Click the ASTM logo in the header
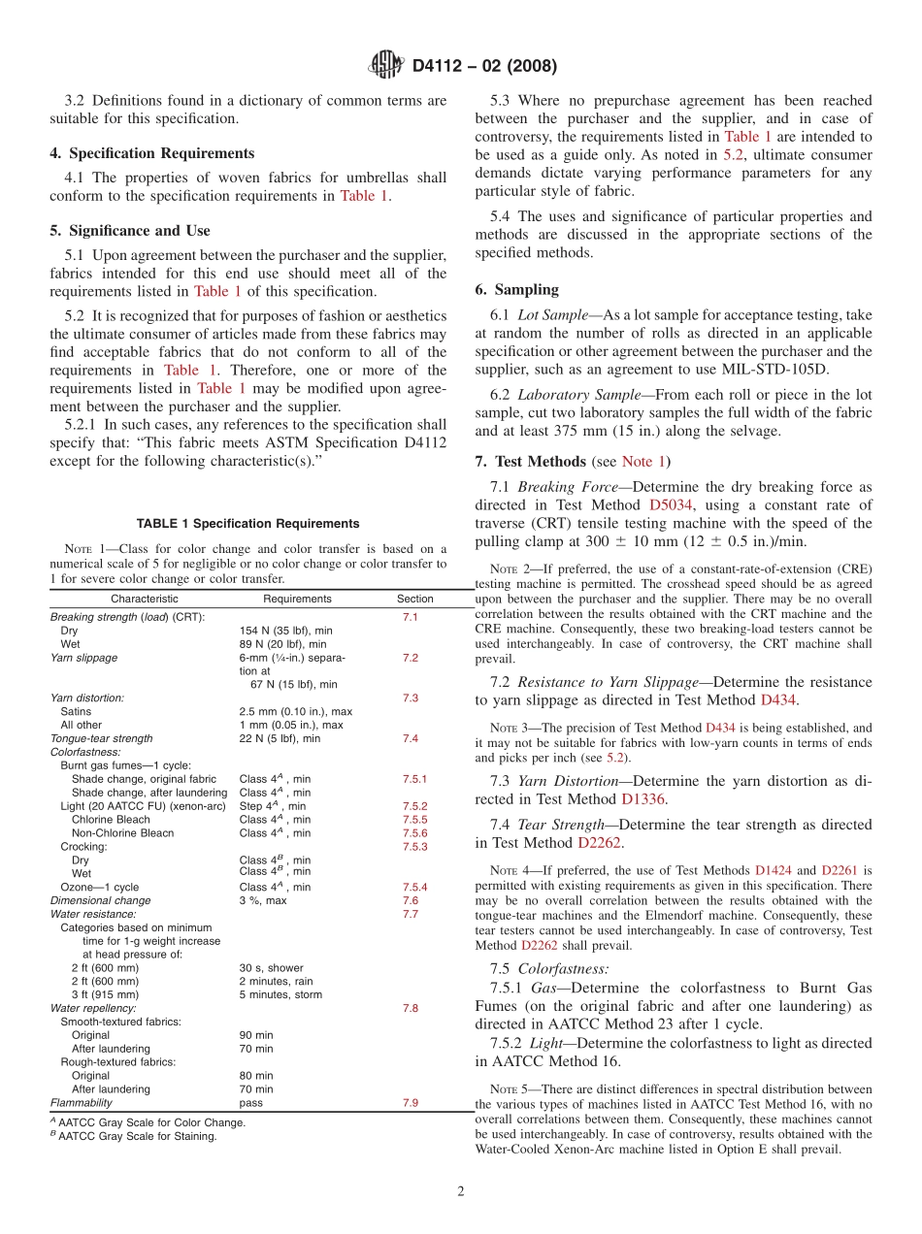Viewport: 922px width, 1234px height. [x=386, y=66]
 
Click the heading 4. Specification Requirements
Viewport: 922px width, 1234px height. [x=152, y=153]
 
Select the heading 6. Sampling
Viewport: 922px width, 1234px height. [x=517, y=289]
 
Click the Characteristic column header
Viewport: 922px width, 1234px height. [x=144, y=599]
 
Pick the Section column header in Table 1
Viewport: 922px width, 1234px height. [x=415, y=599]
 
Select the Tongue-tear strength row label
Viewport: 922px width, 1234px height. [x=101, y=738]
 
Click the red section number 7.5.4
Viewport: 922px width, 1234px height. [x=414, y=887]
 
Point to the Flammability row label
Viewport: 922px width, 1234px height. [x=80, y=1103]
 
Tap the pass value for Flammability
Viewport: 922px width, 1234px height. [x=250, y=1103]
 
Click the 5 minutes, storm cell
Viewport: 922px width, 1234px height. [x=280, y=994]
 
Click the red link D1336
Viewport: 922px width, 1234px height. [x=643, y=799]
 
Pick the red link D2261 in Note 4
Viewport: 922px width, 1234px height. [x=840, y=870]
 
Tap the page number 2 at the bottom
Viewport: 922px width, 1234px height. [x=461, y=1192]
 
